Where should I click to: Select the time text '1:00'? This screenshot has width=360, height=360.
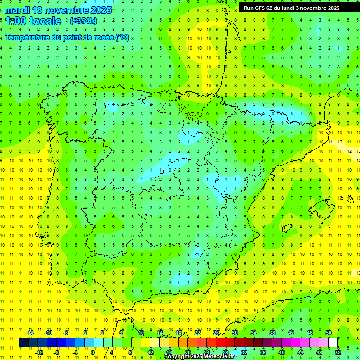pos(15,21)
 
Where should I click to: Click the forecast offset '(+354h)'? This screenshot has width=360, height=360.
pos(83,21)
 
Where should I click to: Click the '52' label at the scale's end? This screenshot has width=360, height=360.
pos(338,352)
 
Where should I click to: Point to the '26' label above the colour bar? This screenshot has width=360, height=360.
pos(216,333)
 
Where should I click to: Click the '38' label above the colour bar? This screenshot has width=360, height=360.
pos(272,333)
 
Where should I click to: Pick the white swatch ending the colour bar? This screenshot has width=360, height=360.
pos(333,343)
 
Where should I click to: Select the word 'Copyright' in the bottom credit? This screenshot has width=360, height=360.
pos(177,357)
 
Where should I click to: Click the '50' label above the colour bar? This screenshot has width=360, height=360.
pos(329,333)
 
